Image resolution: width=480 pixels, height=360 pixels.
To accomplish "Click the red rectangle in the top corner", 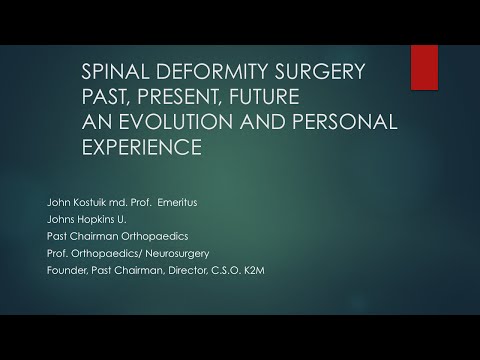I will (x=424, y=67).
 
